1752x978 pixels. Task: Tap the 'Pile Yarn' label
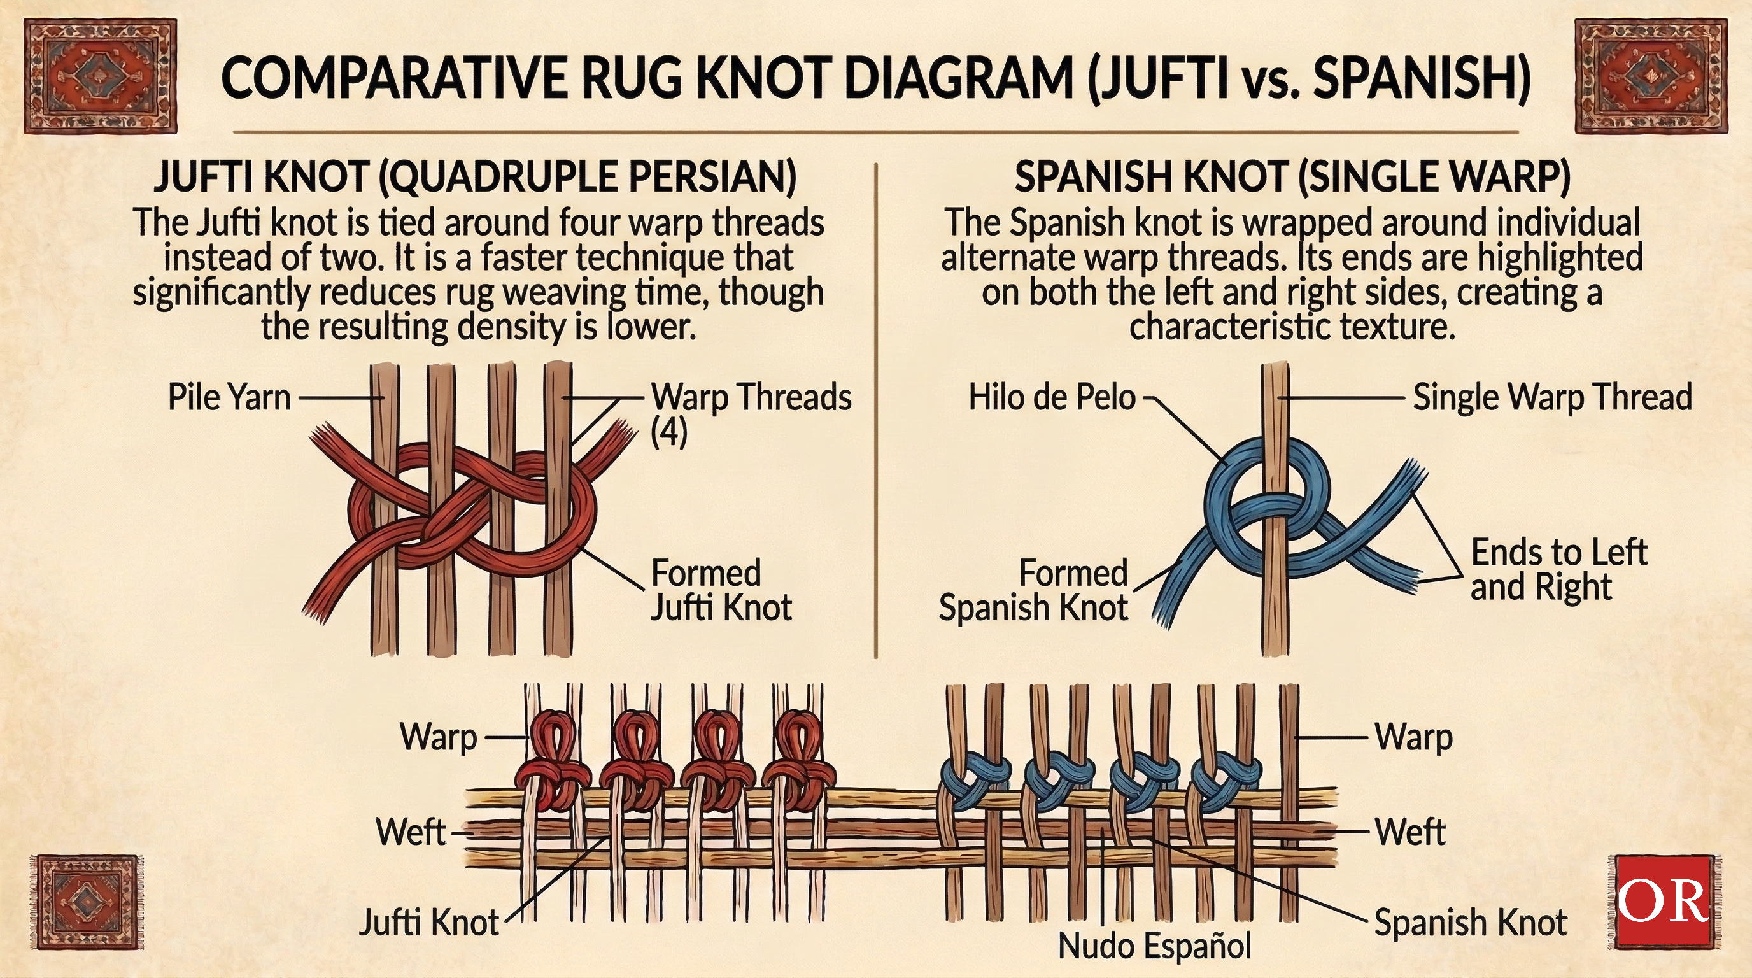229,397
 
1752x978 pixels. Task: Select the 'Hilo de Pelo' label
1052,397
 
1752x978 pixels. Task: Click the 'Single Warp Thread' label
1552,397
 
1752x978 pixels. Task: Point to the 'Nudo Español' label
1155,946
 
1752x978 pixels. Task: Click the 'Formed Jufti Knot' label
721,590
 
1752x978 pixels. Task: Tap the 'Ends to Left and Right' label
1557,570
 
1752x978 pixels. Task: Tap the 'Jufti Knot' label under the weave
428,923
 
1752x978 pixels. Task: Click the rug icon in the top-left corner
100,76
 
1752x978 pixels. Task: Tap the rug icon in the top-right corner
1650,76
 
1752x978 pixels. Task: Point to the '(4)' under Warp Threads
669,433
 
